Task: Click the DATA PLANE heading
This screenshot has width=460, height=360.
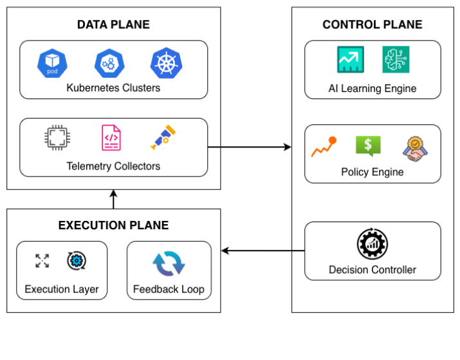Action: [113, 24]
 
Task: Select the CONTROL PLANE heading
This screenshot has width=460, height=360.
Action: [372, 24]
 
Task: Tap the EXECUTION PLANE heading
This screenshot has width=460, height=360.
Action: [113, 225]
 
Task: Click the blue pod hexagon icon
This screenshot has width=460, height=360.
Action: [52, 63]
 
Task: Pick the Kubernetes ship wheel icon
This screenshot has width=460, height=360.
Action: [165, 63]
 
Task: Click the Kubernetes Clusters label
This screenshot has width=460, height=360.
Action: [113, 88]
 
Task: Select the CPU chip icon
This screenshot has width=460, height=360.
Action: [55, 137]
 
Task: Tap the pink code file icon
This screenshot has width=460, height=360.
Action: [111, 137]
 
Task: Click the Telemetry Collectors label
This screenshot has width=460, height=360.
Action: [113, 166]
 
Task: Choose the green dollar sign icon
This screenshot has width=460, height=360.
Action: [368, 146]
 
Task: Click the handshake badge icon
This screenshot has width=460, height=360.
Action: [415, 147]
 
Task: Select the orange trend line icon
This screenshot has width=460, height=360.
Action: [324, 147]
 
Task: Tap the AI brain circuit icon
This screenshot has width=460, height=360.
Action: [394, 59]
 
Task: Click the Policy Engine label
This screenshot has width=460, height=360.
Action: [372, 172]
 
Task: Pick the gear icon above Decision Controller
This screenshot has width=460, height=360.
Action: [372, 244]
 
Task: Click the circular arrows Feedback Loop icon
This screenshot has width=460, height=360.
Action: [169, 264]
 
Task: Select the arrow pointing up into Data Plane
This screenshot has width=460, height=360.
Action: [113, 199]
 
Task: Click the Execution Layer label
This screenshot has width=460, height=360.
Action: [62, 289]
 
